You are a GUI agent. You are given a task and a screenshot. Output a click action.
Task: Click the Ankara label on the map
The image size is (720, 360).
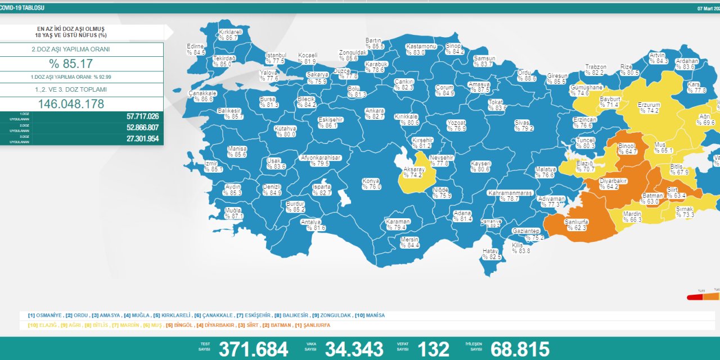pyautogui.click(x=375, y=111)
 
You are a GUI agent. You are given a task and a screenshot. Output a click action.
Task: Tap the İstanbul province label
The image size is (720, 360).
pyautogui.click(x=276, y=55)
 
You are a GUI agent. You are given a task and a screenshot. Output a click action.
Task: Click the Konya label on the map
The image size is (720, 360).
pyautogui.click(x=372, y=181)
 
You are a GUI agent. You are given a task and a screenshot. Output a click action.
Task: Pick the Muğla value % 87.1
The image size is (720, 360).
pyautogui.click(x=233, y=216)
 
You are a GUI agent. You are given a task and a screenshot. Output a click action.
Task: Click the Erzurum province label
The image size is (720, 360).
pyautogui.click(x=649, y=105)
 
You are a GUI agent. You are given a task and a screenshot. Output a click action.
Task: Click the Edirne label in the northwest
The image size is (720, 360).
pyautogui.click(x=196, y=46)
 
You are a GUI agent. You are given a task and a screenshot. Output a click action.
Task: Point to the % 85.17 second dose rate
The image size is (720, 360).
pyautogui.click(x=70, y=63)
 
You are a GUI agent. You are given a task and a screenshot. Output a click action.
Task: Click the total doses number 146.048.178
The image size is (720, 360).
pyautogui.click(x=70, y=104)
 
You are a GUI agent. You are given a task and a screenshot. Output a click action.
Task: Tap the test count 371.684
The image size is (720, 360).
pyautogui.click(x=253, y=349)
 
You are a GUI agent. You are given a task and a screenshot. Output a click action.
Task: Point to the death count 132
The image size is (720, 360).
pyautogui.click(x=434, y=349)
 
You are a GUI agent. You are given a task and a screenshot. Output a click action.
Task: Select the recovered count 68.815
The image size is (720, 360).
pyautogui.click(x=520, y=349)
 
